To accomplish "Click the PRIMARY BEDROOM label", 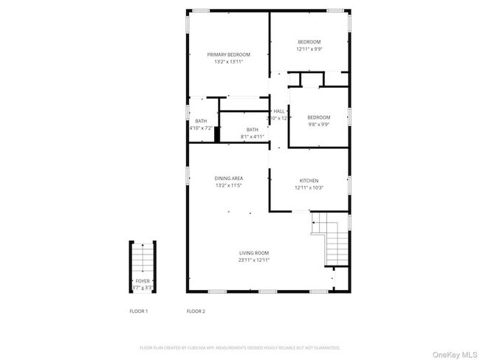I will (x=228, y=55).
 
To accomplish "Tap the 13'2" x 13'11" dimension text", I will (x=228, y=62).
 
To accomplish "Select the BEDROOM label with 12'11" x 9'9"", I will (x=310, y=41).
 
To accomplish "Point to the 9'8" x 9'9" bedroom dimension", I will (x=319, y=124).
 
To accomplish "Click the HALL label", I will (x=278, y=111).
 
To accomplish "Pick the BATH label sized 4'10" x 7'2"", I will (x=201, y=121).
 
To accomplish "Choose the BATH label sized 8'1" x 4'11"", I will (x=253, y=129).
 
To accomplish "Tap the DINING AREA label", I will (x=229, y=178).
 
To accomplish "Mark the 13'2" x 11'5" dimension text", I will (x=229, y=186).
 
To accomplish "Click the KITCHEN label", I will (x=309, y=180).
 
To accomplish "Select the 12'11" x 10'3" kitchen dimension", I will (x=309, y=187).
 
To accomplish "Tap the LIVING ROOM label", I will (x=254, y=253).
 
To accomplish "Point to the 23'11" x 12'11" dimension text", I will (x=254, y=260).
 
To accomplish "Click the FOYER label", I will (x=142, y=281).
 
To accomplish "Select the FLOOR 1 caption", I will (x=138, y=311).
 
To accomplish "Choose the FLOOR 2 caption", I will (x=196, y=311).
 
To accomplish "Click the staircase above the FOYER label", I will (x=142, y=260).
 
